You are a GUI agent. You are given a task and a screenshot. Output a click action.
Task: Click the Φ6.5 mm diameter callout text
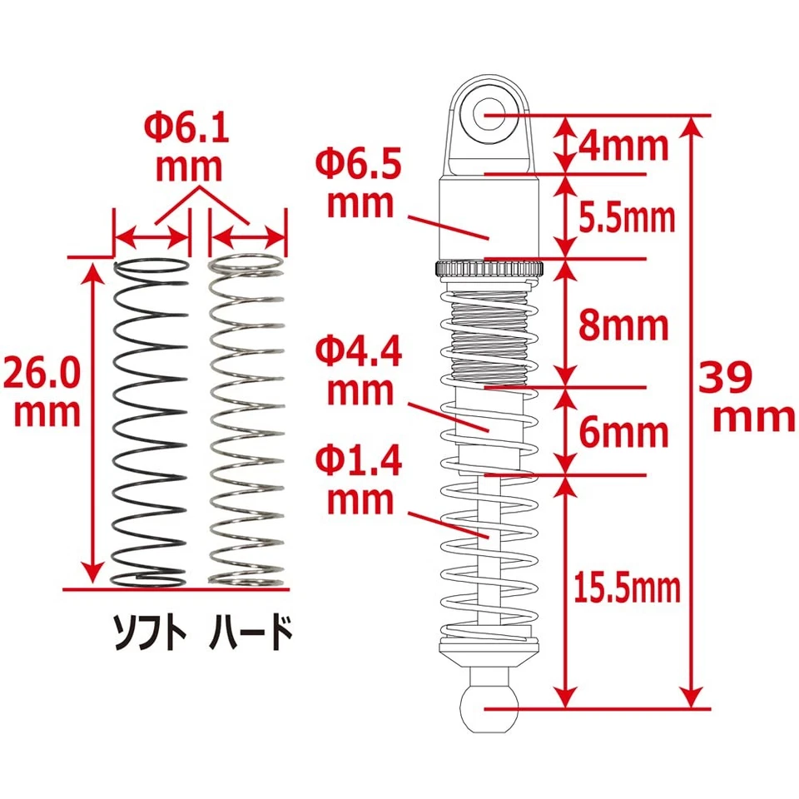click(359, 181)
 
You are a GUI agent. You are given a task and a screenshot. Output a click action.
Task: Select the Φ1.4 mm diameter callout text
click(359, 481)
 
